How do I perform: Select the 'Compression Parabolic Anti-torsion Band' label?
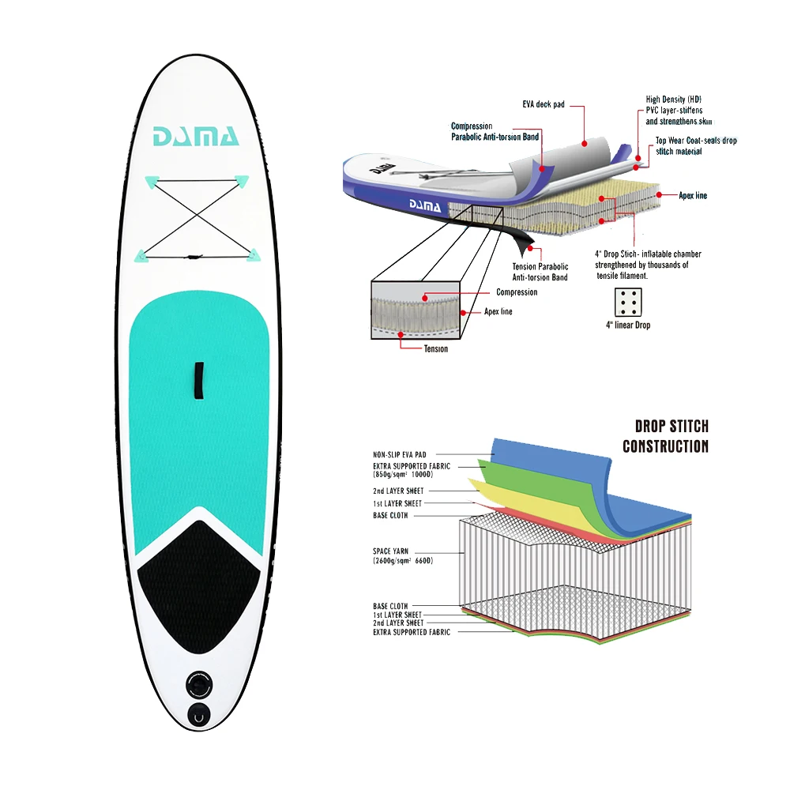pyautogui.click(x=495, y=131)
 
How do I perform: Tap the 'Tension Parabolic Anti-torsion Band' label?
pyautogui.click(x=540, y=272)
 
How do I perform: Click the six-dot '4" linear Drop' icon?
pyautogui.click(x=628, y=303)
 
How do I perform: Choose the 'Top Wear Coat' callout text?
pyautogui.click(x=695, y=146)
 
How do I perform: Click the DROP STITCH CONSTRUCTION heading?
pyautogui.click(x=665, y=435)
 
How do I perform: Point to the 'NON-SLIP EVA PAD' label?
pyautogui.click(x=401, y=455)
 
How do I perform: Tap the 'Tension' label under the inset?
pyautogui.click(x=435, y=348)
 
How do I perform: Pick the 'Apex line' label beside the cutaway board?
pyautogui.click(x=693, y=195)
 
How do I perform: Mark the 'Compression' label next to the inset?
pyautogui.click(x=517, y=292)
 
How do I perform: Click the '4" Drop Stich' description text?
pyautogui.click(x=647, y=265)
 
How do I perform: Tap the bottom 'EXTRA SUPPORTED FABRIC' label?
pyautogui.click(x=412, y=632)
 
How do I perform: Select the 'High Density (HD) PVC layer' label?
pyautogui.click(x=678, y=111)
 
